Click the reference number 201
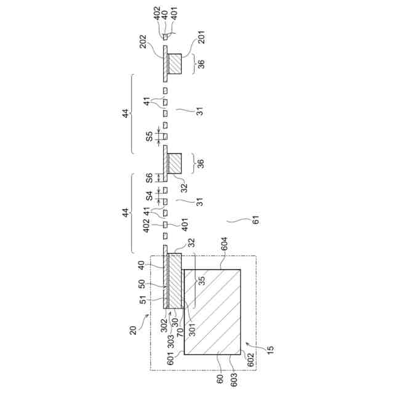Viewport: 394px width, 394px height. click(201, 37)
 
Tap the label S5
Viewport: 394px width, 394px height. click(149, 136)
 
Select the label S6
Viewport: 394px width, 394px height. click(149, 178)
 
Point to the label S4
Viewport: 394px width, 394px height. click(149, 196)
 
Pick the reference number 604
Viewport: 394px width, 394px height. click(223, 244)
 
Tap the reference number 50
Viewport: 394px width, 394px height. click(142, 284)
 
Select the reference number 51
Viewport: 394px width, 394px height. click(143, 300)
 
